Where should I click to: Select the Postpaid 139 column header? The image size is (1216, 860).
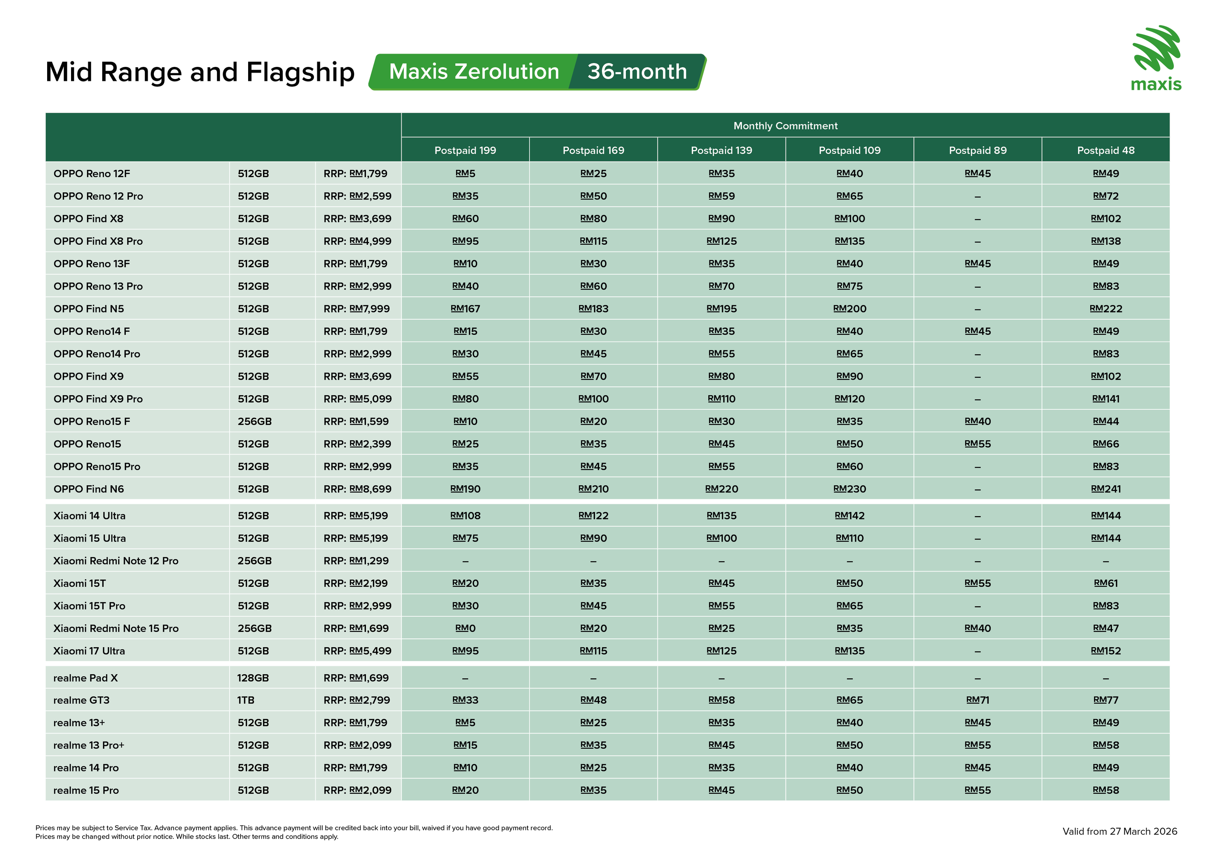[x=721, y=150]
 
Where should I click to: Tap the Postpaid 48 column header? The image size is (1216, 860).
[x=1105, y=150]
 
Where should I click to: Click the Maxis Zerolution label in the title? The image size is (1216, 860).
[x=473, y=71]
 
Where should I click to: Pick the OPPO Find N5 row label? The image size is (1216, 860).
[x=89, y=309]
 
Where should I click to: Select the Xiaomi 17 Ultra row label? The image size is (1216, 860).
[x=89, y=651]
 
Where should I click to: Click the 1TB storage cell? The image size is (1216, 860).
[x=246, y=700]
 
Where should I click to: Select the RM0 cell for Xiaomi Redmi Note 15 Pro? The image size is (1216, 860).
[x=465, y=629]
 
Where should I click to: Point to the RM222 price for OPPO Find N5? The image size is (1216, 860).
[x=1105, y=309]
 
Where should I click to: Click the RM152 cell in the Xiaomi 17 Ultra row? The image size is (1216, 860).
[x=1105, y=651]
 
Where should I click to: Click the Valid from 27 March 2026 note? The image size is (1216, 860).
[x=1119, y=831]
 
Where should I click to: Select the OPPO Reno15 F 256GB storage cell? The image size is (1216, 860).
[x=254, y=421]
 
